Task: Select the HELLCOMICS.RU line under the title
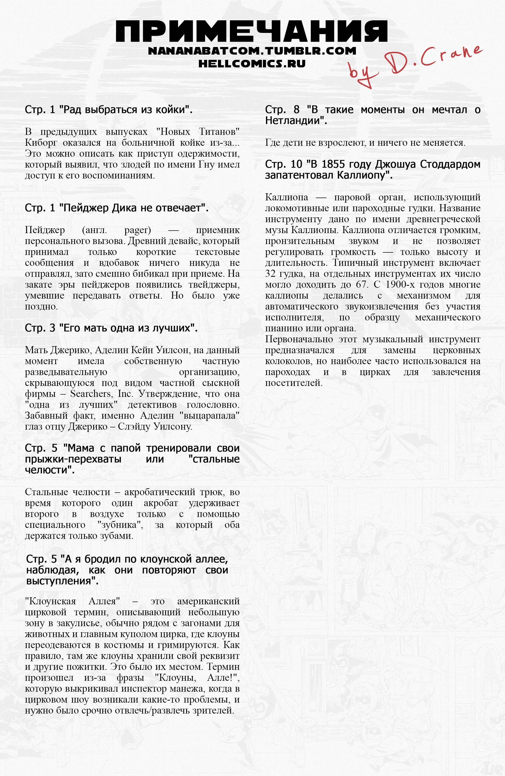click(252, 63)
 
